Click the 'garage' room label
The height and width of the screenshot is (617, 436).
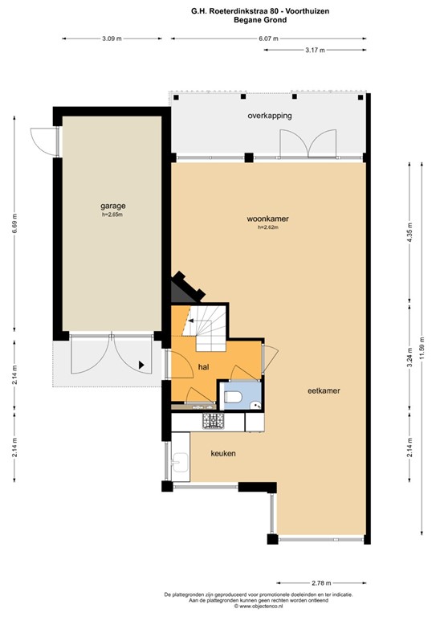tap(113, 206)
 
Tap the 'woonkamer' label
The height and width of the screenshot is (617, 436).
tap(268, 218)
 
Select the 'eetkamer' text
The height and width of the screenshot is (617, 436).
tap(324, 391)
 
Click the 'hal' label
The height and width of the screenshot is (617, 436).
tap(204, 366)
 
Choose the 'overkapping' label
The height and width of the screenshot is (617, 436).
tap(269, 116)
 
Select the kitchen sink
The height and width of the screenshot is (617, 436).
tap(180, 461)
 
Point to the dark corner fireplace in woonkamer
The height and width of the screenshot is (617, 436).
tap(181, 286)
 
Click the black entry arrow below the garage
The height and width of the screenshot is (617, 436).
tap(143, 365)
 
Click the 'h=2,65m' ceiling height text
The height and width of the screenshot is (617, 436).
tap(113, 215)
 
